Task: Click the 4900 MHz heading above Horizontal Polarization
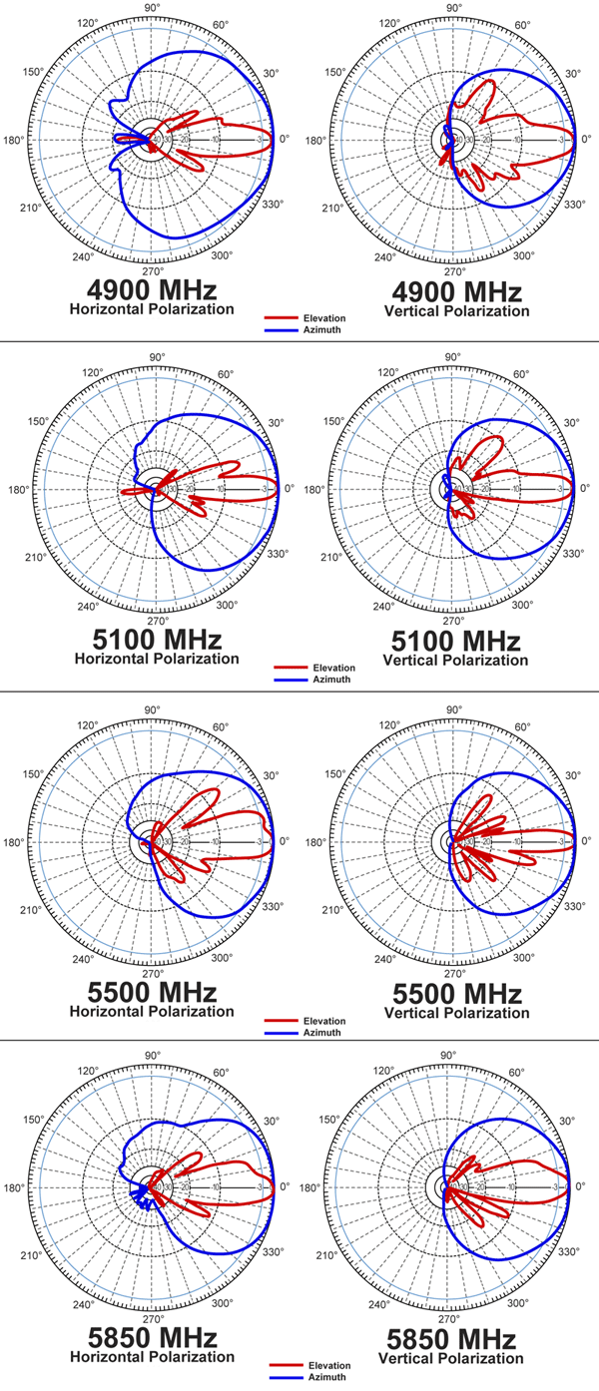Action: (152, 292)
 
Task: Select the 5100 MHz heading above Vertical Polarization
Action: (453, 642)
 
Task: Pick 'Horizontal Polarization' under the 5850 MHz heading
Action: (152, 1357)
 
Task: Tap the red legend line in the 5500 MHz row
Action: (282, 1021)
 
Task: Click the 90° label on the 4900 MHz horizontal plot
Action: (154, 8)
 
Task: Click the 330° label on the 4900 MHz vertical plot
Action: (572, 203)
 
